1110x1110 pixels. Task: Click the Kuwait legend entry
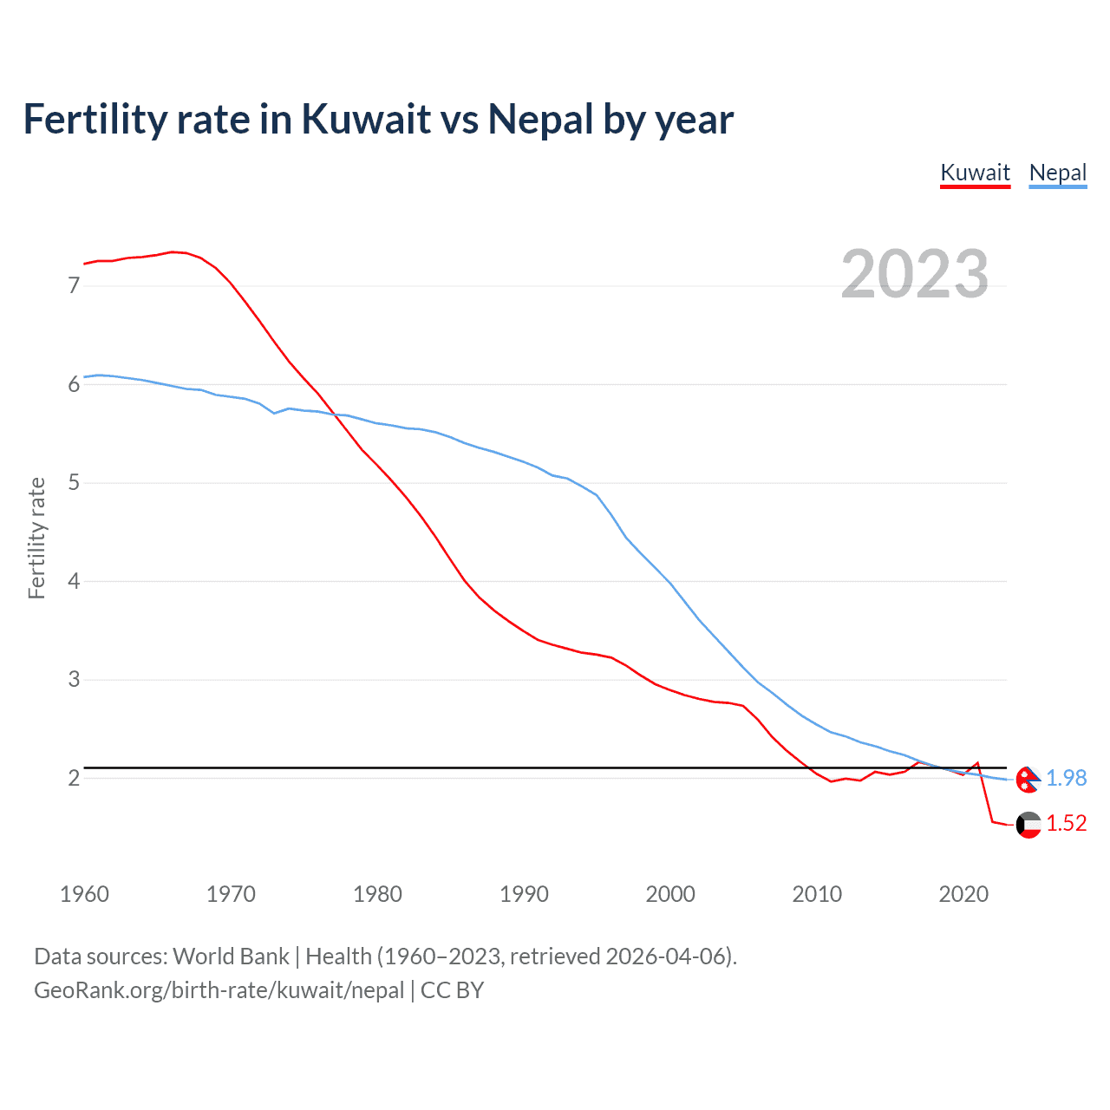[975, 173]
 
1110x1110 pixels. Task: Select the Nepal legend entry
[1057, 173]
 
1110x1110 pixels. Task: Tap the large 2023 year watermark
[914, 274]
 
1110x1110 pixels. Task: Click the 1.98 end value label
[1066, 778]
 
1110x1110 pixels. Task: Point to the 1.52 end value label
[1066, 823]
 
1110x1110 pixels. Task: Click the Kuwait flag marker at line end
[1028, 825]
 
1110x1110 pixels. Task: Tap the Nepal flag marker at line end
[1028, 779]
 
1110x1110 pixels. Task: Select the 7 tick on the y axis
[74, 285]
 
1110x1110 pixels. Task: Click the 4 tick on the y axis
[74, 581]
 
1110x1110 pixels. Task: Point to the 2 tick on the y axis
[74, 778]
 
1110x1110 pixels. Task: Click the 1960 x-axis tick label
[84, 894]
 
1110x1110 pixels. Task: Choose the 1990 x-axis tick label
[524, 894]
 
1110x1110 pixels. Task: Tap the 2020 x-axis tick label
[963, 894]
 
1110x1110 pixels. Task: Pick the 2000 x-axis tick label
[670, 894]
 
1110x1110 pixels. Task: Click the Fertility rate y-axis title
[36, 538]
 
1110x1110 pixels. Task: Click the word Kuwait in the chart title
[366, 119]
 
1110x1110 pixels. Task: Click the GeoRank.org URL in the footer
[219, 990]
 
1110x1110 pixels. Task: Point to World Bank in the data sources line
[231, 957]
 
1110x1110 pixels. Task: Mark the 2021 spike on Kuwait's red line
[978, 763]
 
